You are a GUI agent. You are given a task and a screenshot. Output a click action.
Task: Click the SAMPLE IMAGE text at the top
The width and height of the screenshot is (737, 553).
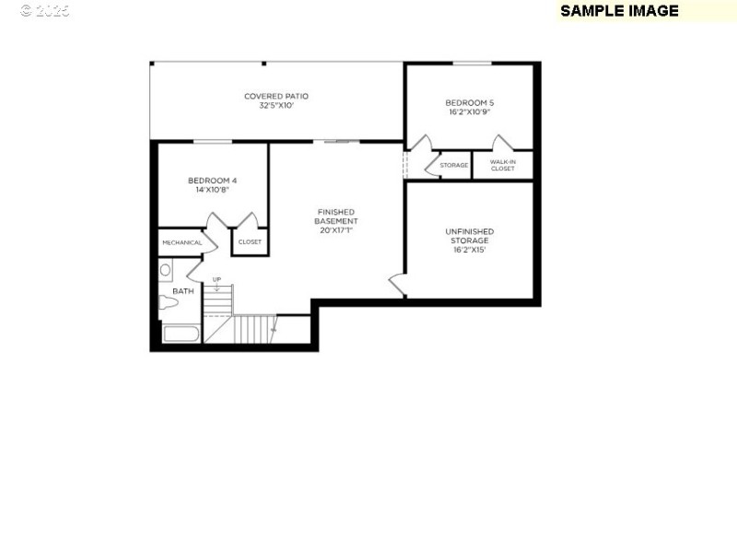(619, 11)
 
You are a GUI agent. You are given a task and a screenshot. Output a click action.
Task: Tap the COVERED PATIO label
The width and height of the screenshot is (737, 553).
(276, 96)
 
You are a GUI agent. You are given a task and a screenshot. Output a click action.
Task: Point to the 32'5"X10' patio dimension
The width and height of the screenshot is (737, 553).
(276, 105)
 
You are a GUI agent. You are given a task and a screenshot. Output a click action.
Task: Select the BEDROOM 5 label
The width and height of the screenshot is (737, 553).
(469, 102)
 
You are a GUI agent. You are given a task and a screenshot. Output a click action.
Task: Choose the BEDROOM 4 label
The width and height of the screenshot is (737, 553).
(213, 180)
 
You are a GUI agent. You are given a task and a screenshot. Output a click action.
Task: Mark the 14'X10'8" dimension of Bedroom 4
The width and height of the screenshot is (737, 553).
(213, 190)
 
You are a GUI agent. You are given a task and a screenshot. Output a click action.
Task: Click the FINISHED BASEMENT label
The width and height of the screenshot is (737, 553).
(336, 217)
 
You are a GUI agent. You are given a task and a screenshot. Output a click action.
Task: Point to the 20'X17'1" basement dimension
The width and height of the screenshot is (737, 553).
(336, 230)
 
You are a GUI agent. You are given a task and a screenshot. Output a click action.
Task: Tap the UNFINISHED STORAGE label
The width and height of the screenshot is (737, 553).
(469, 236)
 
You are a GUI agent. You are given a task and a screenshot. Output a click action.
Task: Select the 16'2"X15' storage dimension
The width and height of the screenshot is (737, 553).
(469, 249)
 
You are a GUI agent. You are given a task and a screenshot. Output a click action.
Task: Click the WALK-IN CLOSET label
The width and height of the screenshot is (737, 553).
(503, 165)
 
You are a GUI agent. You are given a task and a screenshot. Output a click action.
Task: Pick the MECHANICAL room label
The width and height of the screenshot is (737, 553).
(181, 242)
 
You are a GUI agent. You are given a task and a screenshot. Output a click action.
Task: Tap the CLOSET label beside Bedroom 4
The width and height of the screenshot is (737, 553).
(250, 242)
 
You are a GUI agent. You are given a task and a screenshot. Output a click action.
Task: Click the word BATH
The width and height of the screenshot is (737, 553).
(183, 291)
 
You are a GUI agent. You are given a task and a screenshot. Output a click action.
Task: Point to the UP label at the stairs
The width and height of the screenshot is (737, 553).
(216, 279)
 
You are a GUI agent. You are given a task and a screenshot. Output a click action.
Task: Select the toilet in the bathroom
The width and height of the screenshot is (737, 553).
(168, 302)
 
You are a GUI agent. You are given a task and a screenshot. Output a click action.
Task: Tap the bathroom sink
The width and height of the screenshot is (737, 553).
(166, 270)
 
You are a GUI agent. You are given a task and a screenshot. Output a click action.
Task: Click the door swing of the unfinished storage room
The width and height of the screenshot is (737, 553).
(397, 285)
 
